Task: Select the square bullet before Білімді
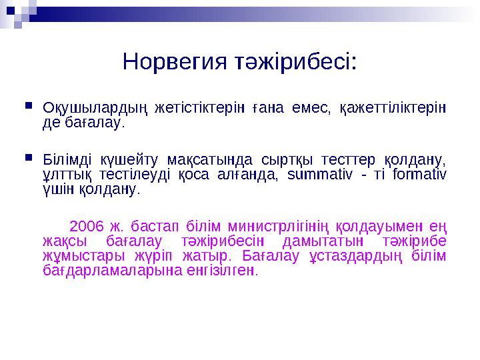pos(27,159)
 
